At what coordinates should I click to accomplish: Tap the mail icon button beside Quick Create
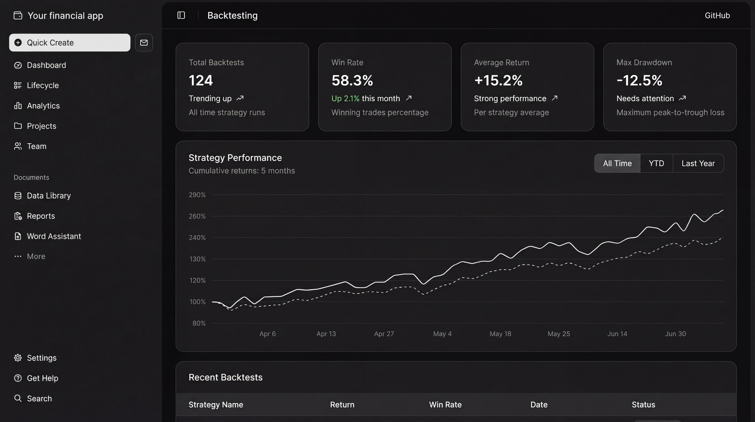point(144,43)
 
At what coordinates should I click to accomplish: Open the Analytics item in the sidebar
point(43,106)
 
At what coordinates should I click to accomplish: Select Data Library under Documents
point(49,196)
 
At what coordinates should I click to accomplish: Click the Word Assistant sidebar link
point(54,236)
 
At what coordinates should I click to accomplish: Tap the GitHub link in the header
point(717,16)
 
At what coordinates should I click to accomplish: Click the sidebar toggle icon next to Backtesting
point(181,15)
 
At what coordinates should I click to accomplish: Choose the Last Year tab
point(698,163)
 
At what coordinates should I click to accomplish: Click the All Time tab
point(617,163)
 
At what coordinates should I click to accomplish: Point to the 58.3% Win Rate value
point(352,80)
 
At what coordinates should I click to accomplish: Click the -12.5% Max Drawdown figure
point(639,80)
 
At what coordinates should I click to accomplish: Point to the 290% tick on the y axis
point(197,195)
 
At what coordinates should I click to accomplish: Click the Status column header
point(643,405)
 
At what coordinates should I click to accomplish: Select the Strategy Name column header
point(216,405)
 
